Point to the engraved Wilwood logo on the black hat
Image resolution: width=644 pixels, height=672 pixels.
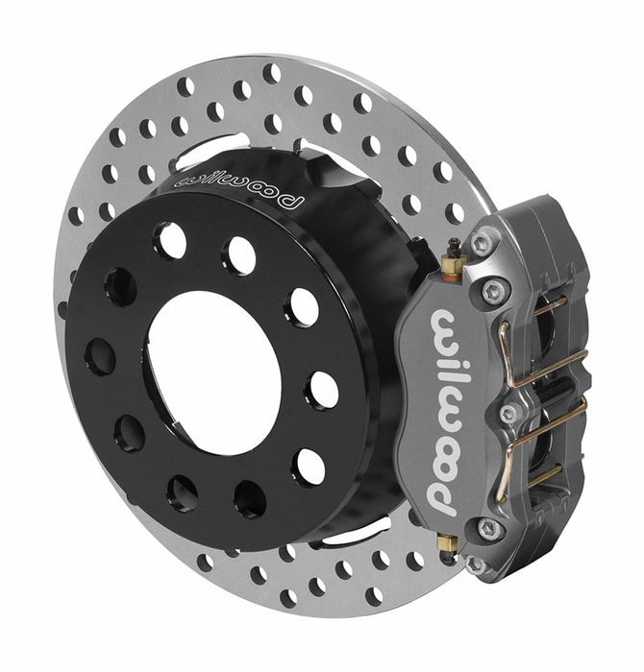pos(237,186)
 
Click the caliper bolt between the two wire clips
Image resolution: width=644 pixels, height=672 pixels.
pos(508,413)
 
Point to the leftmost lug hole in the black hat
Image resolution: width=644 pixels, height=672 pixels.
pos(100,357)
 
